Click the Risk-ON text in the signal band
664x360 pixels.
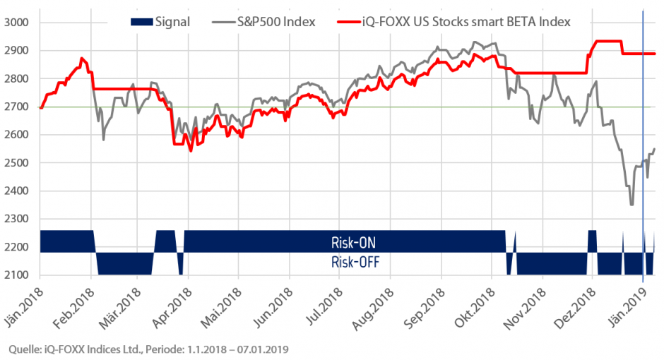pos(352,242)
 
